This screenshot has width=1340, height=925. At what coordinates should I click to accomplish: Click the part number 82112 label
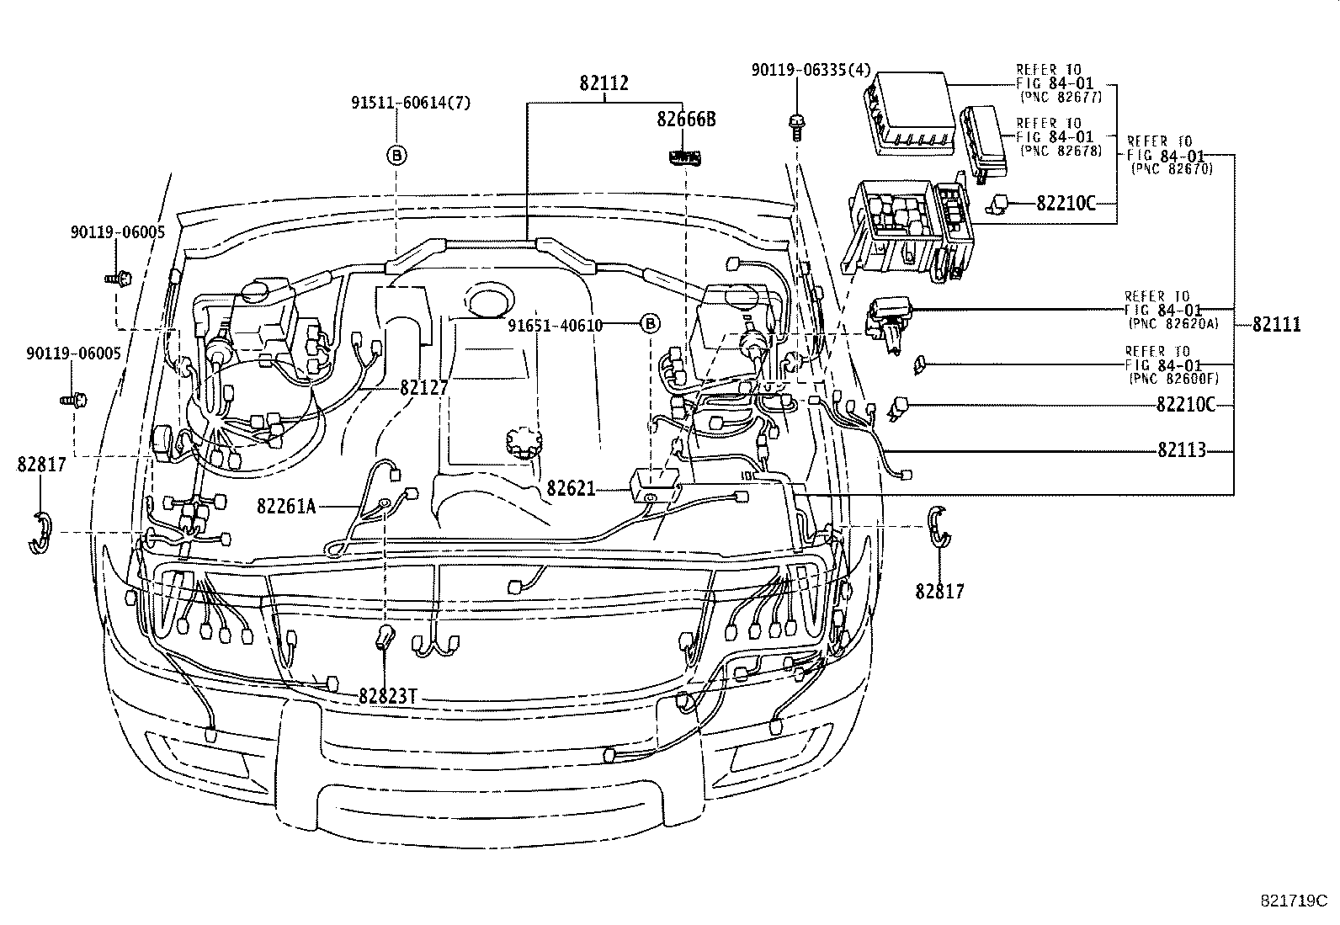tap(604, 84)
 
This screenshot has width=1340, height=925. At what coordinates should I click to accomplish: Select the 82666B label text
tap(687, 119)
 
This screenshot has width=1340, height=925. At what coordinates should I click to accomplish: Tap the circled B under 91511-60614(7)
tap(396, 154)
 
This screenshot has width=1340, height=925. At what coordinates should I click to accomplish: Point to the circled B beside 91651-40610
tap(650, 324)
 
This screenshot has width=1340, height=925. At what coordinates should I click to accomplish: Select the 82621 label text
tap(571, 488)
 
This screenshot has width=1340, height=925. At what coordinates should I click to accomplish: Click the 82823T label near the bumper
tap(388, 697)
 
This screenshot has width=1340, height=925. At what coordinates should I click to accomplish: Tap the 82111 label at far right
tap(1276, 324)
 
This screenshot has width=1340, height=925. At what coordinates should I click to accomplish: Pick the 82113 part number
tap(1182, 450)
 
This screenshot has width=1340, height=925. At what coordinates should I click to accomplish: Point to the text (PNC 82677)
tap(1061, 98)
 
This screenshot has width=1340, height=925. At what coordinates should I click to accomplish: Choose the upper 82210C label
tap(1066, 203)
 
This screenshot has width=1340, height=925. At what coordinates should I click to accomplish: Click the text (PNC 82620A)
tap(1170, 323)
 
